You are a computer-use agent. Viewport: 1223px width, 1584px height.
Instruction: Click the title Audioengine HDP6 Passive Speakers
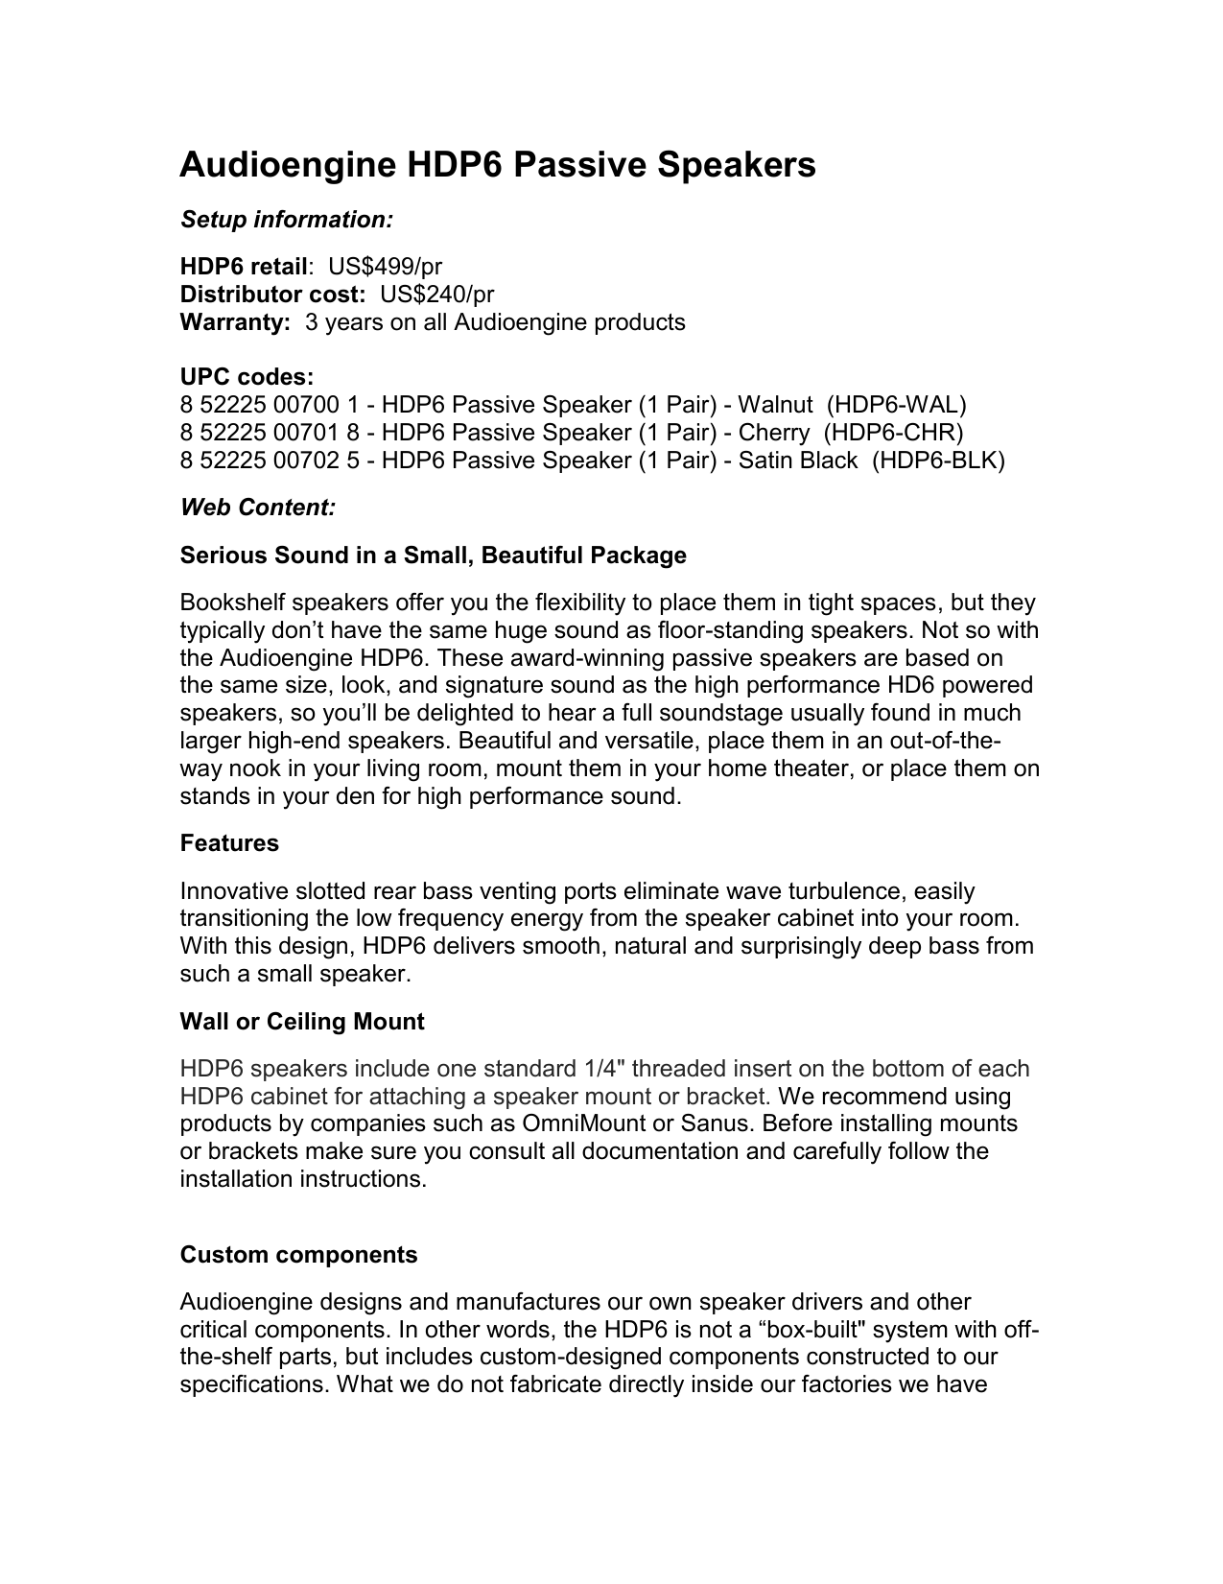click(498, 165)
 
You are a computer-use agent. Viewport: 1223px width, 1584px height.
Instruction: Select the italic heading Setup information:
click(287, 220)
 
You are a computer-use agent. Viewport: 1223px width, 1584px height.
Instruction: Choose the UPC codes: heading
click(247, 377)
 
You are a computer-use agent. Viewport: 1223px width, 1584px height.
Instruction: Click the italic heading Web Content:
click(258, 508)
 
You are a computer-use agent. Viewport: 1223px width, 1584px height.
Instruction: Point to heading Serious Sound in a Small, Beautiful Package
click(434, 556)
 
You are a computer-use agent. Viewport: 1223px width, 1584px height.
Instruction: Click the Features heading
click(229, 843)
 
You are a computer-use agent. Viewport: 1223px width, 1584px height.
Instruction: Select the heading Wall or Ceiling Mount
click(302, 1022)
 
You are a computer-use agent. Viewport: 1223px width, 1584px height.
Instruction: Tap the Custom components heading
click(298, 1255)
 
